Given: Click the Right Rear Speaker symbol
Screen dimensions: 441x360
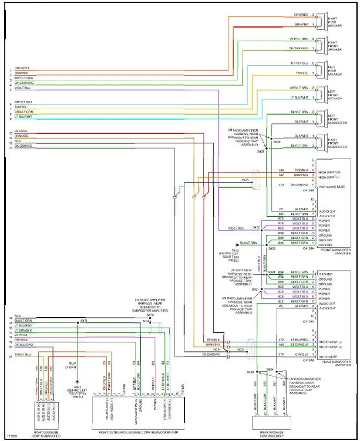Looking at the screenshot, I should coord(319,21).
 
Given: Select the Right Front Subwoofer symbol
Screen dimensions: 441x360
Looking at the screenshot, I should coord(319,140).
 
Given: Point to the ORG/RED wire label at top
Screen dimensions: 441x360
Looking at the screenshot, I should coord(301,14).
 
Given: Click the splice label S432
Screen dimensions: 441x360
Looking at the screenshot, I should coord(256,227).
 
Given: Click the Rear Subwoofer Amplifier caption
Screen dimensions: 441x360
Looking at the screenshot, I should coord(335,364).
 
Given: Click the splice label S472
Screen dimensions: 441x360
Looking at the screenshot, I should coord(83,321).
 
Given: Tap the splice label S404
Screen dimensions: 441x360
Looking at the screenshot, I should coord(271,272).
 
